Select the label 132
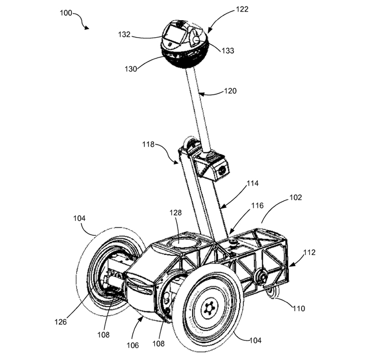(x=124, y=35)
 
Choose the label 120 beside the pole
(x=230, y=91)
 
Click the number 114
(x=252, y=184)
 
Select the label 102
(x=296, y=198)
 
